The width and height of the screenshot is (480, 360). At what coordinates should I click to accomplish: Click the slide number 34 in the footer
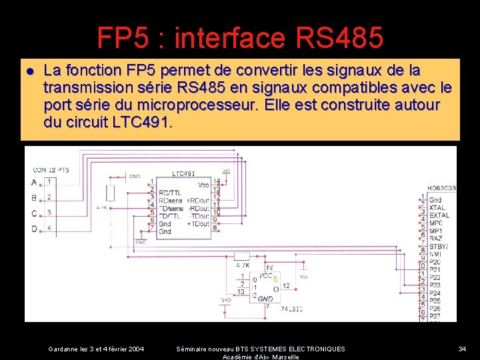462,349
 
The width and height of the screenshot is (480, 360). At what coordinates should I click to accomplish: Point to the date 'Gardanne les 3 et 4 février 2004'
96,349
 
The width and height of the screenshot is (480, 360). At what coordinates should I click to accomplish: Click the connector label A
34,182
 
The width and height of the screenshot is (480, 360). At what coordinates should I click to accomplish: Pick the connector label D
34,229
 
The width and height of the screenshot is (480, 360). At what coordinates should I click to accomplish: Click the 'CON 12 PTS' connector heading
49,169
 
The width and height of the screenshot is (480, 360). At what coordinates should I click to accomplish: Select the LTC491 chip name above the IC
183,173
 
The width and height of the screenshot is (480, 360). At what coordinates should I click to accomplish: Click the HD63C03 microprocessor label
441,189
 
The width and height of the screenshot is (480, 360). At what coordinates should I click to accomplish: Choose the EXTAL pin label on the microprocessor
439,215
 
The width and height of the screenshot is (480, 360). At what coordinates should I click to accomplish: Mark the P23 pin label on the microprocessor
435,285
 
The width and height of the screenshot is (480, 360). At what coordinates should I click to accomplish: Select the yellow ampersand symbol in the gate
275,280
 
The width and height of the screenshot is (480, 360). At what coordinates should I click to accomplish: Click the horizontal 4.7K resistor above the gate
241,256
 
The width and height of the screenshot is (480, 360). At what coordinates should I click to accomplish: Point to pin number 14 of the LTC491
217,181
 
